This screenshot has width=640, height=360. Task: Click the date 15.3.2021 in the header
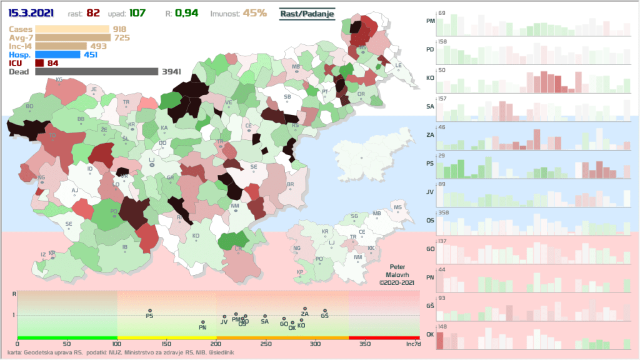click(31, 12)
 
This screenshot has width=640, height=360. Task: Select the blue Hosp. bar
click(57, 54)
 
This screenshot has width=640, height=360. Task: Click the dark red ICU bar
click(39, 63)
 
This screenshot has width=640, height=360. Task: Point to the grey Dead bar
click(97, 72)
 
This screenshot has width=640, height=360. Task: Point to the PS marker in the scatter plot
click(150, 311)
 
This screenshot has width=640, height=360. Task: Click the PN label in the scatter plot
click(202, 327)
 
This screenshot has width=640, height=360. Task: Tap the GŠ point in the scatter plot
click(325, 311)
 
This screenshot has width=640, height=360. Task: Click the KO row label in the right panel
click(430, 78)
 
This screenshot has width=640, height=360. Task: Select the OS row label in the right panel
click(430, 220)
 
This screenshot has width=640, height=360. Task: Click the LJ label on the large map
click(151, 159)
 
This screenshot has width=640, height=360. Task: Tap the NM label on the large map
click(235, 206)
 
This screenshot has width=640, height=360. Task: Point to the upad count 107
click(137, 12)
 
